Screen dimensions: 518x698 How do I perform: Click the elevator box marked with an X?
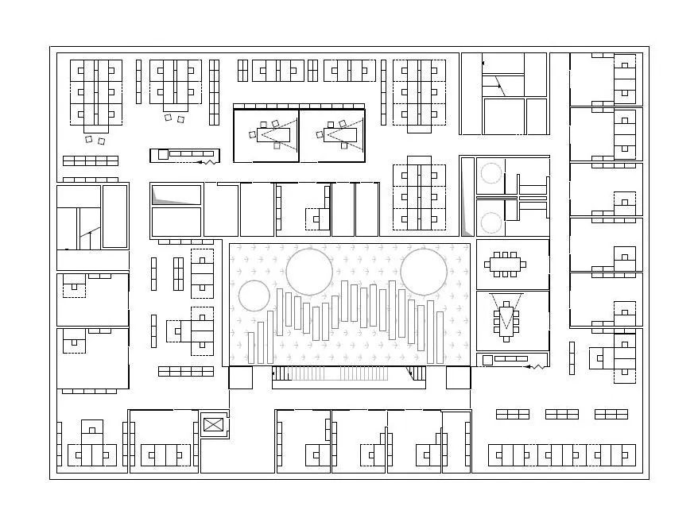pyautogui.click(x=214, y=424)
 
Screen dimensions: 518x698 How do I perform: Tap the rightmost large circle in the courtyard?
pyautogui.click(x=424, y=271)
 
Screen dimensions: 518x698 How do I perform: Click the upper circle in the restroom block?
pyautogui.click(x=491, y=173)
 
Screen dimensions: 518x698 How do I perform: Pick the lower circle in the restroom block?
pyautogui.click(x=491, y=222)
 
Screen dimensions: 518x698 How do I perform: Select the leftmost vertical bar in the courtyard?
pyautogui.click(x=252, y=347)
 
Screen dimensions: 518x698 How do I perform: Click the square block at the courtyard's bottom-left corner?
pyautogui.click(x=240, y=377)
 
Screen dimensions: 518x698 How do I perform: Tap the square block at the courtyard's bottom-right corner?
pyautogui.click(x=458, y=377)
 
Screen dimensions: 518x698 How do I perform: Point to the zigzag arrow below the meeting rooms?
pyautogui.click(x=537, y=367)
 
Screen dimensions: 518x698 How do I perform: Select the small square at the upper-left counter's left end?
pyautogui.click(x=163, y=154)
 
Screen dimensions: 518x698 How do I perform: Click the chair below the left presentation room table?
pyautogui.click(x=276, y=146)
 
